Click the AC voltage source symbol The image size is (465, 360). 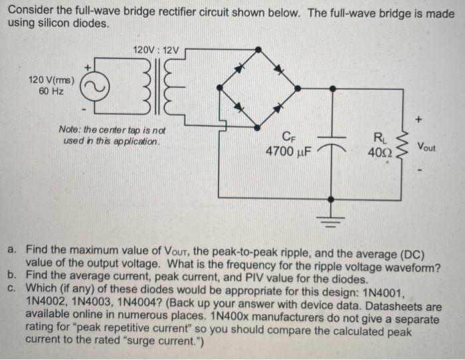tap(92, 86)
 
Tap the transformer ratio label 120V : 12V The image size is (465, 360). tap(156, 50)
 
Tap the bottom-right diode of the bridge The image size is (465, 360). tap(281, 106)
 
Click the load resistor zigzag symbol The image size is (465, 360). tap(400, 147)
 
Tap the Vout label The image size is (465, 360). tap(426, 147)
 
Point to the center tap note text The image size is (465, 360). tap(112, 137)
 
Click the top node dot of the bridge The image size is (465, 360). tap(258, 48)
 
